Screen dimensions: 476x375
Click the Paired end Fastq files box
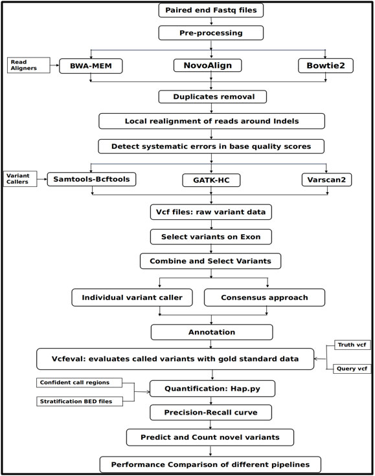click(203, 10)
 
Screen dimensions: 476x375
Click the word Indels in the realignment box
click(291, 122)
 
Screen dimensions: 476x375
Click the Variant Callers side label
click(21, 177)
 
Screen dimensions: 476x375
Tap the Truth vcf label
click(350, 346)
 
